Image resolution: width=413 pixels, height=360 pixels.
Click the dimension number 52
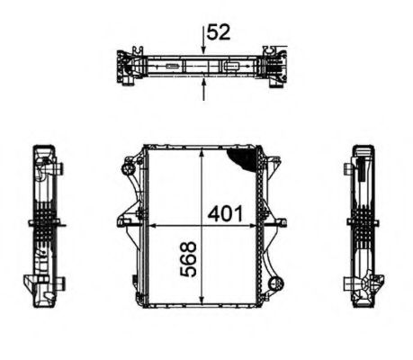coord(220,32)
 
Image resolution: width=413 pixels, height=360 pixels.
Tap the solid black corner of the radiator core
coord(244,158)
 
